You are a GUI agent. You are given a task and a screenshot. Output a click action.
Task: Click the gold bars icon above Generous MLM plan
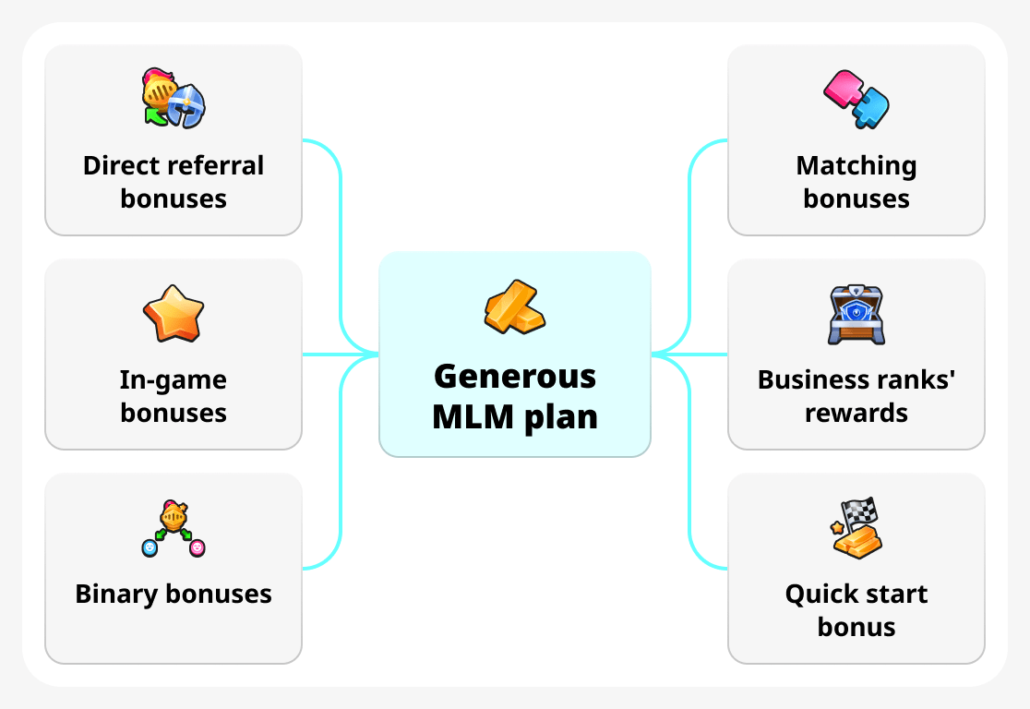tap(515, 306)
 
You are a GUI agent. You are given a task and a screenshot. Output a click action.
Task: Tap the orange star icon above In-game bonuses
tap(174, 314)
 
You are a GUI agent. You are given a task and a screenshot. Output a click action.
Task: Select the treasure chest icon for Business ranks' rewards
tap(856, 315)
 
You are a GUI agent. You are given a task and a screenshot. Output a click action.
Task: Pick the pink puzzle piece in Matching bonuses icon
tap(842, 89)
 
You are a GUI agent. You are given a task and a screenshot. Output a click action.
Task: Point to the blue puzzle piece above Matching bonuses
tap(871, 107)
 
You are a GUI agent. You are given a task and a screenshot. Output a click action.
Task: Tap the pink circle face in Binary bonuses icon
tap(197, 548)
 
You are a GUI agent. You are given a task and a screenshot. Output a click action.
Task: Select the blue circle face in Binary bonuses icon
tap(150, 548)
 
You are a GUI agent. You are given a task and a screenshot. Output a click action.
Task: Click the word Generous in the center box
tap(515, 377)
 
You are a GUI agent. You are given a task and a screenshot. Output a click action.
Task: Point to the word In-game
tap(174, 379)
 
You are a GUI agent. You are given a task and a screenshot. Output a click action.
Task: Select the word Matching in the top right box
tap(856, 165)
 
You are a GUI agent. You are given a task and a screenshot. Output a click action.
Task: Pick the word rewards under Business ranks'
tap(856, 413)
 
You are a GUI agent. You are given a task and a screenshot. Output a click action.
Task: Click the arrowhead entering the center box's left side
tap(373, 354)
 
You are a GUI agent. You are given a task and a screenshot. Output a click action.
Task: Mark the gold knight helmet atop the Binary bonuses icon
tap(174, 514)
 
